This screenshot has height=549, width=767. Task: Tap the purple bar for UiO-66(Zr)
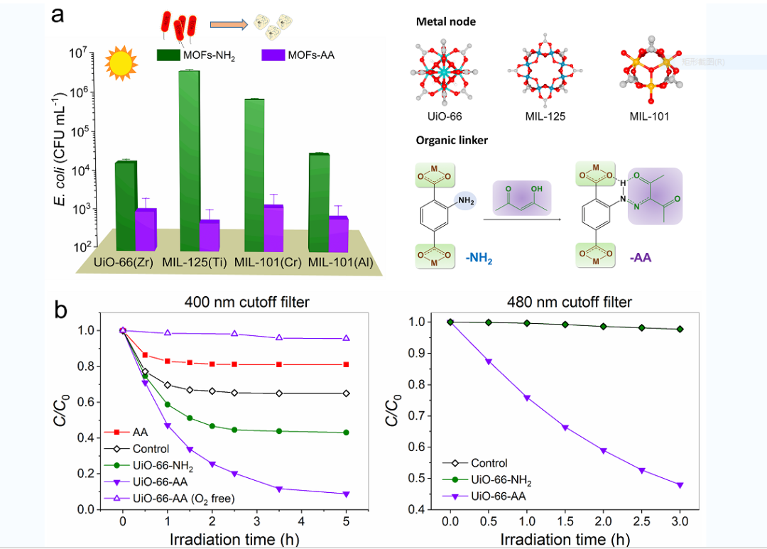[146, 229]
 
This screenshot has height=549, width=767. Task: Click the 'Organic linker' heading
[452, 141]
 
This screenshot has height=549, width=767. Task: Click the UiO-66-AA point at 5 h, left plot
[347, 494]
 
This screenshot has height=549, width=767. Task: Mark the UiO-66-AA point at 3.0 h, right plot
[680, 485]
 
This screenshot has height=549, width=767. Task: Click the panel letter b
[63, 310]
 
